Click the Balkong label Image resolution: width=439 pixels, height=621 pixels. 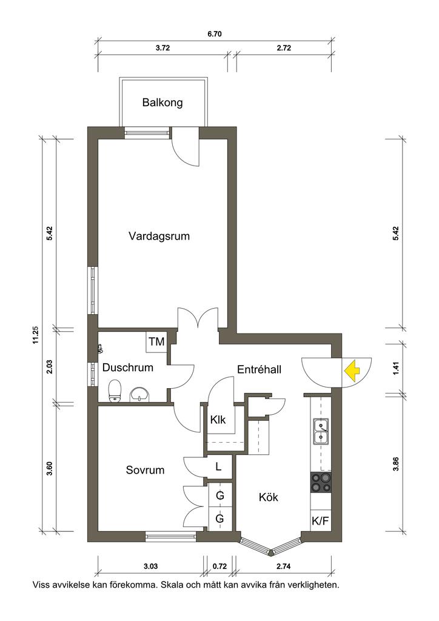pos(163,103)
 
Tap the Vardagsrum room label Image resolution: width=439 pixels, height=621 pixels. pos(159,237)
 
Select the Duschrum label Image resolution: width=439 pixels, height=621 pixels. pos(128,368)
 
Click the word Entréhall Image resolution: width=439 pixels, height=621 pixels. pos(260,369)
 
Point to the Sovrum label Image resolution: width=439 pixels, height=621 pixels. pos(145,470)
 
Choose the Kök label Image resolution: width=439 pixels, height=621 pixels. pos(269,497)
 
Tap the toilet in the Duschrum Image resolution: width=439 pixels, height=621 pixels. pos(114,391)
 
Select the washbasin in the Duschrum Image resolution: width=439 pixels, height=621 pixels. pos(139,394)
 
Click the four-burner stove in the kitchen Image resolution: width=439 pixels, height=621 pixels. pos(321,482)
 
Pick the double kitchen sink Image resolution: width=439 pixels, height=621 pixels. pos(321,431)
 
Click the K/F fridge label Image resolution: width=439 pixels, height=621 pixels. pos(320,521)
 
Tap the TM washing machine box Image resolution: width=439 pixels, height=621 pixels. pos(157,341)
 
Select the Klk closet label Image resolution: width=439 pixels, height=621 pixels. pos(218,420)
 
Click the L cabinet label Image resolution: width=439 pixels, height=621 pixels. pos(218,466)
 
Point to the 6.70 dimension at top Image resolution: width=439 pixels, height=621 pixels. pos(215,34)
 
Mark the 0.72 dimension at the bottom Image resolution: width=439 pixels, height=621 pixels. pos(219,567)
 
